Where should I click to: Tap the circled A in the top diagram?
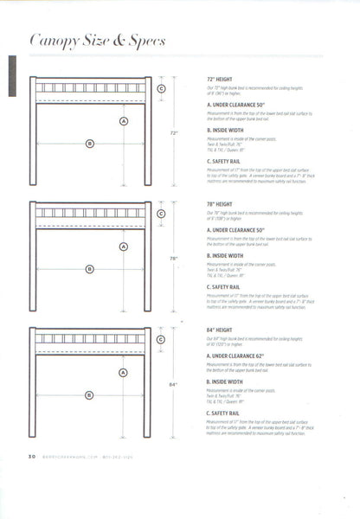[123, 121]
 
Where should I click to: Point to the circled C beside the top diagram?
[161, 87]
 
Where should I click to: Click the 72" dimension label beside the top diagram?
[173, 133]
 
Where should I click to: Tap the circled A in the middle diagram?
[123, 247]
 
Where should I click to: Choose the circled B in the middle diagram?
[89, 269]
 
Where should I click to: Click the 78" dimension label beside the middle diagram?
[173, 259]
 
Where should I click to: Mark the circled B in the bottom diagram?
[89, 395]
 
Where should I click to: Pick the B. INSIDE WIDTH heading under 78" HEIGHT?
[229, 256]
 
